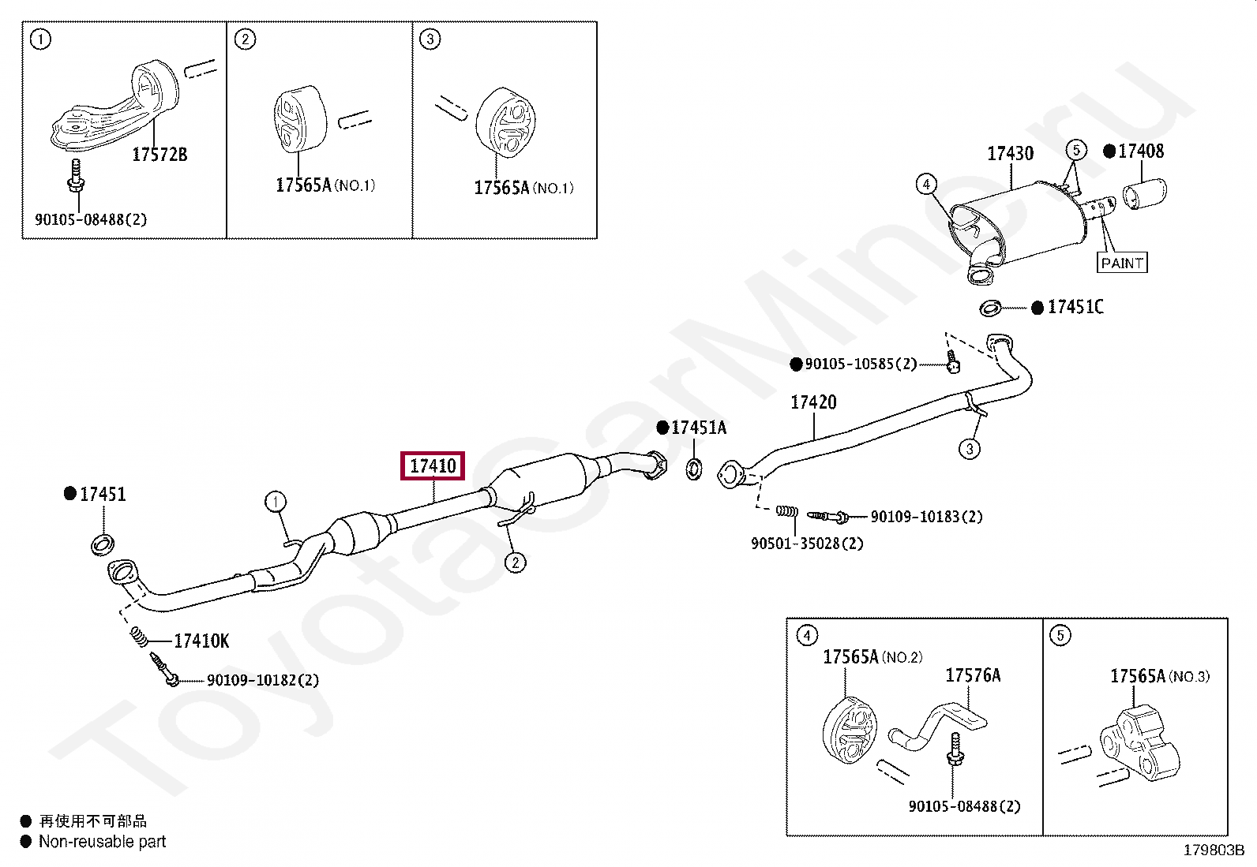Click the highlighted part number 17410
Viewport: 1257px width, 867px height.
(x=433, y=465)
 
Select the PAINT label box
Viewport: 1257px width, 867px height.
(x=1122, y=263)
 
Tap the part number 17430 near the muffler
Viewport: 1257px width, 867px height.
(x=1010, y=153)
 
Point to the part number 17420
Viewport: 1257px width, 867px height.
(x=813, y=402)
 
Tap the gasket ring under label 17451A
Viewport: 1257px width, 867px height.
(x=693, y=469)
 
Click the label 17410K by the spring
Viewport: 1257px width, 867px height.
(x=201, y=641)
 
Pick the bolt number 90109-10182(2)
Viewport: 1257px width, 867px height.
(x=262, y=680)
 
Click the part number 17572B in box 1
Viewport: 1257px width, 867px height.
(x=159, y=155)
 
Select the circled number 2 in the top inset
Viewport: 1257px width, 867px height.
(x=245, y=39)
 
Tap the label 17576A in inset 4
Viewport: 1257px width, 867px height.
(x=973, y=675)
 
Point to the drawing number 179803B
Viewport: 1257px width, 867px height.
(x=1213, y=850)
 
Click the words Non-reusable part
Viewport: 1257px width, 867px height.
(x=103, y=842)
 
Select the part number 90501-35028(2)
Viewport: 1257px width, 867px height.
(x=806, y=544)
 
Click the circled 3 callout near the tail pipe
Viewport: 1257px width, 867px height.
(x=970, y=449)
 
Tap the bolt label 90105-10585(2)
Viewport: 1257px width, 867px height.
(x=861, y=364)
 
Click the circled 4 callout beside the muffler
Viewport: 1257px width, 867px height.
(x=926, y=185)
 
